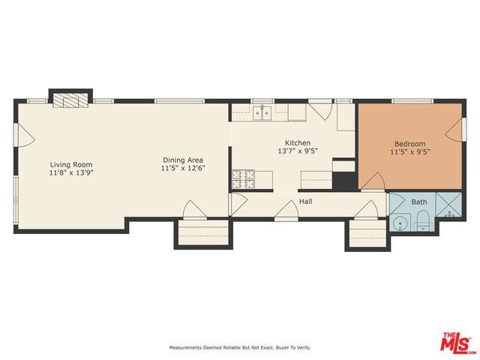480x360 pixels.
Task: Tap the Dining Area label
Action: coord(183,160)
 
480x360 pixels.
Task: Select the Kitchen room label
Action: coord(297,143)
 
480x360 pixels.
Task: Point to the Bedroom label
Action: coord(410,144)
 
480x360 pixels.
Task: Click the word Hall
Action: coord(306,202)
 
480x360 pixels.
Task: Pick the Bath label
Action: coord(418,202)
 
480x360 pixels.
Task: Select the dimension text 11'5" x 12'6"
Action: coord(183,169)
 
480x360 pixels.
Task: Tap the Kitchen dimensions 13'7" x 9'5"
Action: coord(297,151)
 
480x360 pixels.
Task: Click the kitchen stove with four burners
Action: coord(242,178)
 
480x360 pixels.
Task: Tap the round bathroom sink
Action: coord(400,222)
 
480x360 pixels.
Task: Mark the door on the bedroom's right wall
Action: coord(454,133)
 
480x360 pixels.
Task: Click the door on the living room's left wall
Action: coord(25,135)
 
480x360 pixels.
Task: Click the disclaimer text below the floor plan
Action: coord(239,347)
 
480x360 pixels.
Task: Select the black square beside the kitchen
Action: coord(343,180)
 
